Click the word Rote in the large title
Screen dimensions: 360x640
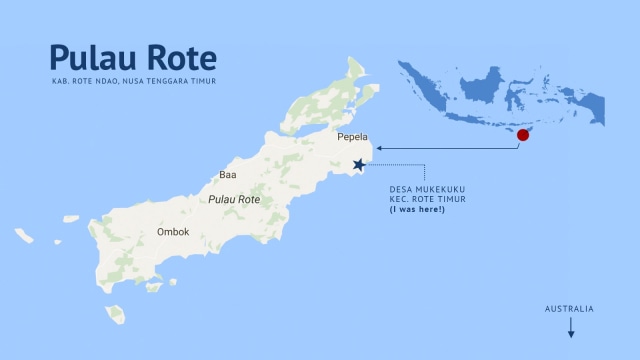point(180,57)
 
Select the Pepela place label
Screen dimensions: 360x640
point(352,137)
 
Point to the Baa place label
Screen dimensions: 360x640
point(227,175)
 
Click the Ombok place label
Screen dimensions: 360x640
point(173,232)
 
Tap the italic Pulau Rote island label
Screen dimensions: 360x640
point(234,200)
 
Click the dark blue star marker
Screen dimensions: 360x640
point(359,165)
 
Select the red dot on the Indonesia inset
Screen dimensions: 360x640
point(522,134)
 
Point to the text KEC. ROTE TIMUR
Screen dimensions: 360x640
point(428,200)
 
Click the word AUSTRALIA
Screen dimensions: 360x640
point(569,309)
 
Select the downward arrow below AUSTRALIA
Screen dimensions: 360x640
point(570,327)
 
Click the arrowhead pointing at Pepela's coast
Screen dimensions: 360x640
point(379,149)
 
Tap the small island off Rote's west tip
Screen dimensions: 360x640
point(24,236)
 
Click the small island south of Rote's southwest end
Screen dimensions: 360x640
point(116,315)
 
